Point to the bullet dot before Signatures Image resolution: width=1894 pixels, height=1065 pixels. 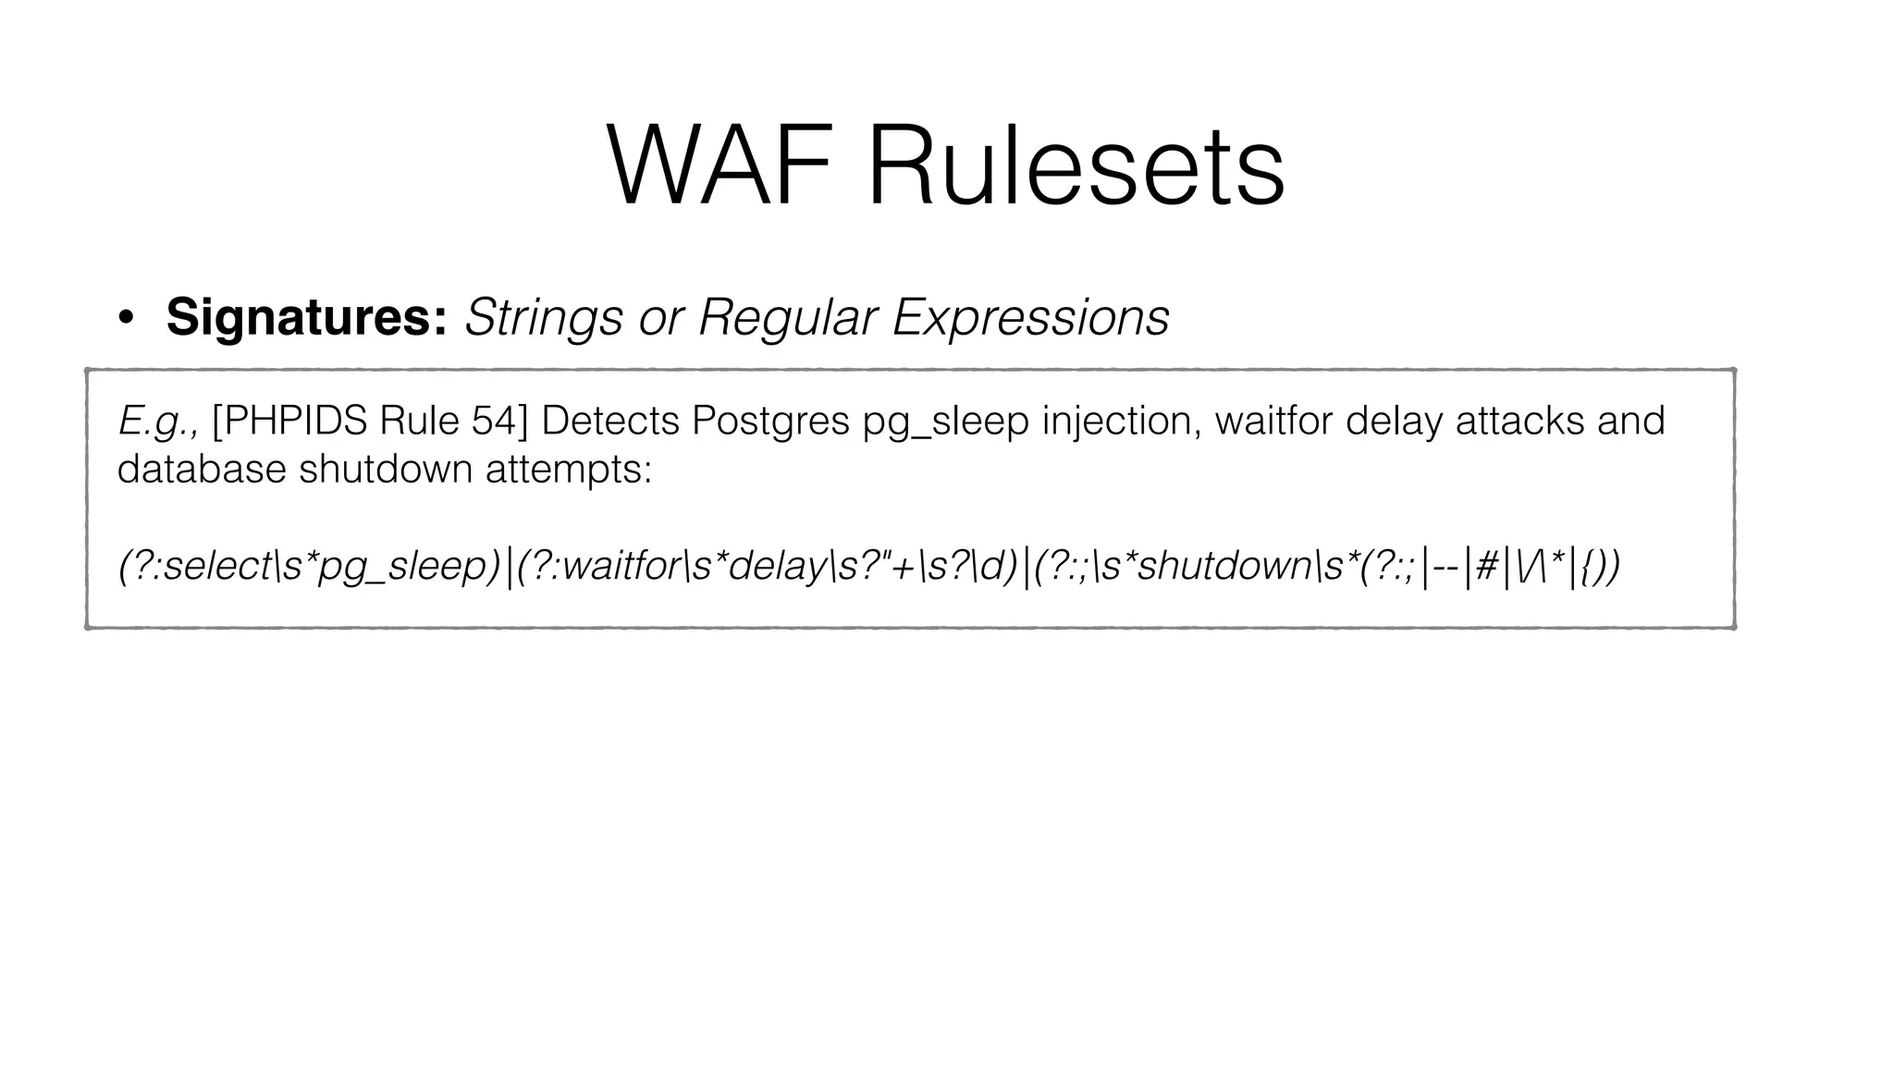click(x=126, y=319)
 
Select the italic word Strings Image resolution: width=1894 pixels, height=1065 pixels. click(x=544, y=319)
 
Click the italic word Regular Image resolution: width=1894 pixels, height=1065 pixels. click(x=787, y=319)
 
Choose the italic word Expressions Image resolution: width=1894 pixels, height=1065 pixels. click(x=1030, y=319)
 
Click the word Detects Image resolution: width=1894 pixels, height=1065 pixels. click(x=609, y=422)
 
